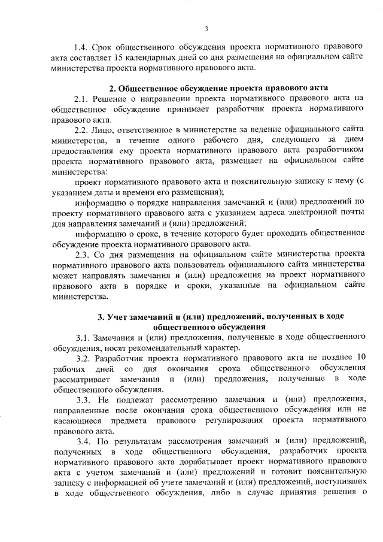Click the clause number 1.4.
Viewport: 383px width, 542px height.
(81, 46)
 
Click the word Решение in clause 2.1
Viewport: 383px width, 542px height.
(114, 98)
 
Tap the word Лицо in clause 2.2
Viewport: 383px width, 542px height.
(108, 130)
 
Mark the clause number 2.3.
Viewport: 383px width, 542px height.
(82, 256)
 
